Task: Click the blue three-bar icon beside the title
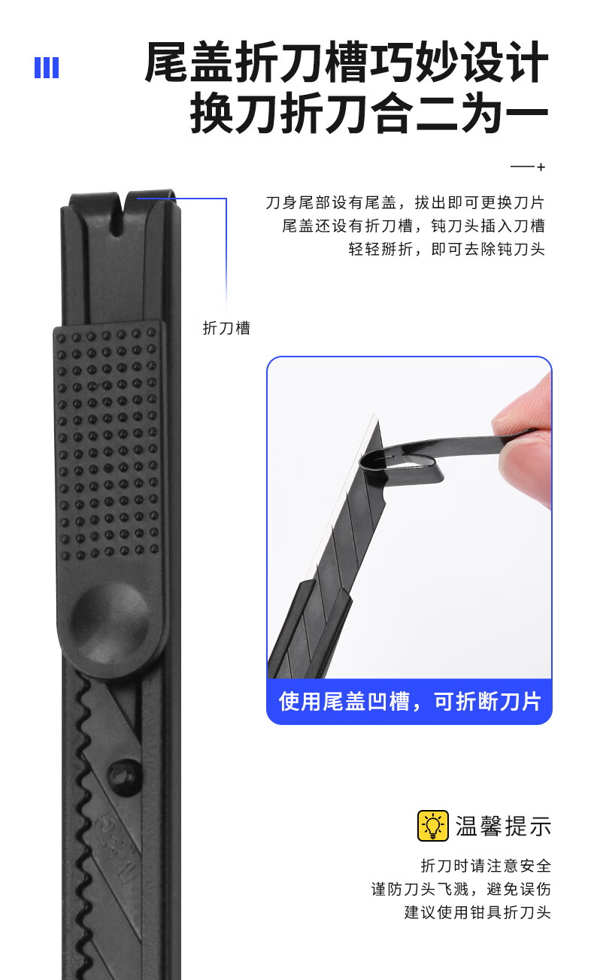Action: (47, 68)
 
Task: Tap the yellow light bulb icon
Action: (432, 826)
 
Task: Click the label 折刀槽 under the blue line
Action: (226, 328)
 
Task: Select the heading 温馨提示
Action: (503, 826)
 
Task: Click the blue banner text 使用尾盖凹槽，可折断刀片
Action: (410, 701)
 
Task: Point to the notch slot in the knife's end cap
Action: (117, 214)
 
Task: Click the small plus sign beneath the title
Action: (541, 167)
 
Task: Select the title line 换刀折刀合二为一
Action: (369, 112)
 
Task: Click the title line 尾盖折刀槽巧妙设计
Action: (347, 62)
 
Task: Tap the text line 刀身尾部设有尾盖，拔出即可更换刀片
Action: (405, 202)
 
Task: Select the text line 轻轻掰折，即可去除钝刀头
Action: (447, 249)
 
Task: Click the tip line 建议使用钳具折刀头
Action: (477, 912)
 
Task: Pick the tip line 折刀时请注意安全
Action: (486, 866)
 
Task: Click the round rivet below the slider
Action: (125, 777)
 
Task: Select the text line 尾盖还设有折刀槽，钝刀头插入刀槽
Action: (414, 226)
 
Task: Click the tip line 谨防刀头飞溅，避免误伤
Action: (461, 889)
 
